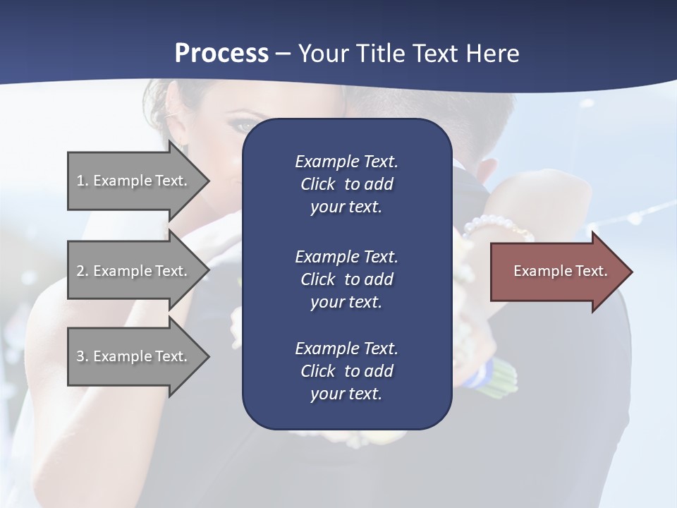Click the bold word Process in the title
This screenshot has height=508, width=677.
(x=221, y=54)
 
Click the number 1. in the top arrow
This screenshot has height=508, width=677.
(x=83, y=181)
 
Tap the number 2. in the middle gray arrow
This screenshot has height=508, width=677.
(x=83, y=271)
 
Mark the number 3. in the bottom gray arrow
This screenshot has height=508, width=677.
(x=83, y=356)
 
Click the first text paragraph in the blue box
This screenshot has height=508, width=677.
(x=346, y=184)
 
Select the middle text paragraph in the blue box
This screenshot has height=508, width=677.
(x=346, y=279)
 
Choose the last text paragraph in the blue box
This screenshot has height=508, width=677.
(x=346, y=371)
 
